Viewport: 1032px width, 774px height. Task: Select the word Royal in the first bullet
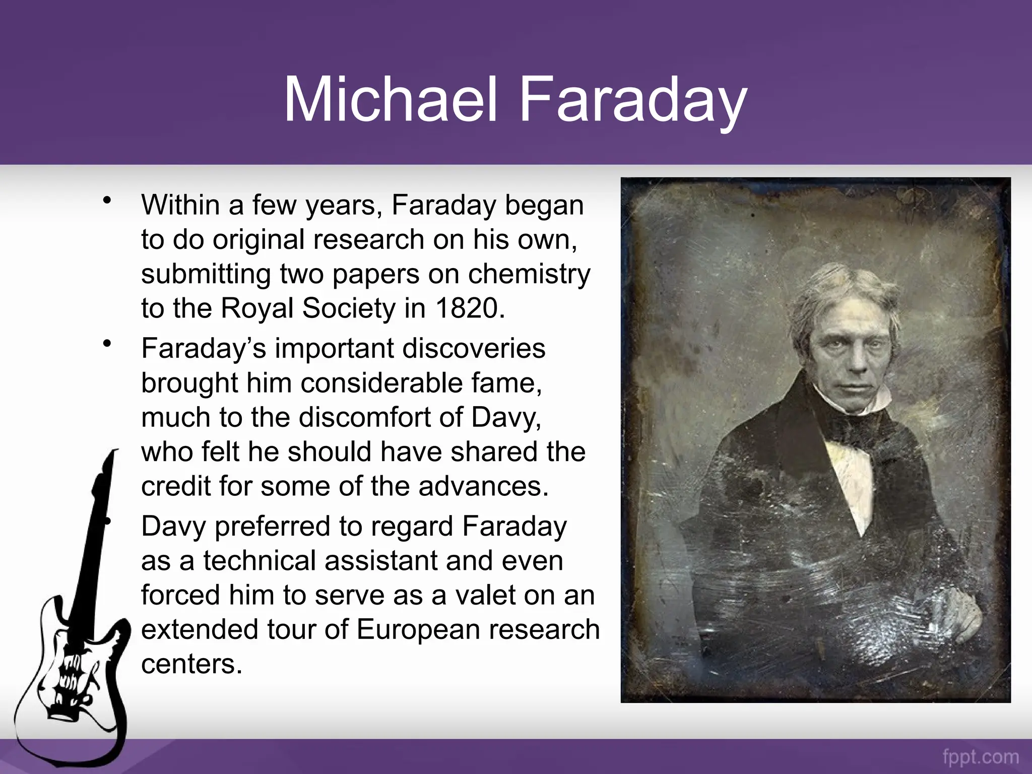(x=257, y=308)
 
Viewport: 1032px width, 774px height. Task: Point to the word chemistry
(x=529, y=274)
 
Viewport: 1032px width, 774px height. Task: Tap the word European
(x=432, y=629)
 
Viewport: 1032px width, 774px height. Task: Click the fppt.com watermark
(x=981, y=757)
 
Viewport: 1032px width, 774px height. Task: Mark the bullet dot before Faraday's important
(x=106, y=344)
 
